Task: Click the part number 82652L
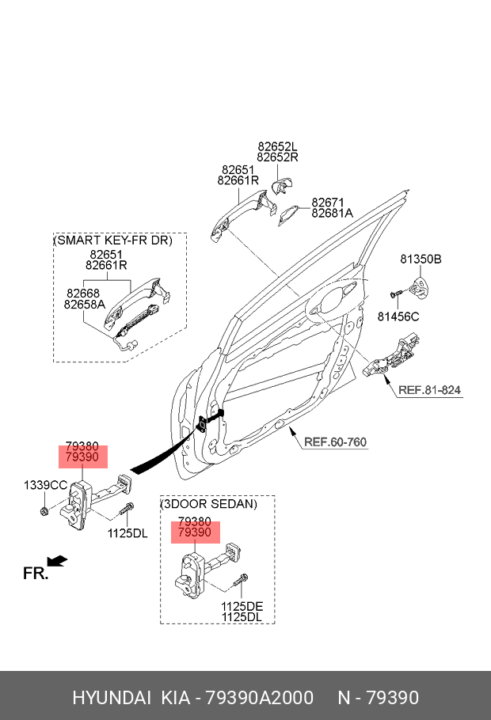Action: pos(278,146)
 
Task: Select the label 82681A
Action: pos(333,213)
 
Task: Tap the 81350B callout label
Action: pos(421,260)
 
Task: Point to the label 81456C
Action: pos(398,316)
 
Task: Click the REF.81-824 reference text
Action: pos(429,390)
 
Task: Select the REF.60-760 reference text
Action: pos(335,442)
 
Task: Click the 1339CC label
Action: pos(45,485)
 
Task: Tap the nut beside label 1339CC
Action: pos(44,510)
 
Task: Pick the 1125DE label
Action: pos(242,606)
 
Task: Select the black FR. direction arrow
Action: pos(57,561)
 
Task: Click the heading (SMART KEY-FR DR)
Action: pos(113,241)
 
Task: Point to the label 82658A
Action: pos(85,305)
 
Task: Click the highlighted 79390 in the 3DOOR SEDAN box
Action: pos(195,532)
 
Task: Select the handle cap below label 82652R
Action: pos(282,187)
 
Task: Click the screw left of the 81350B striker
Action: pos(395,293)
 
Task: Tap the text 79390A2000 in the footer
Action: pos(259,698)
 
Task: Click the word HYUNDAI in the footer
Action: pos(112,698)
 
